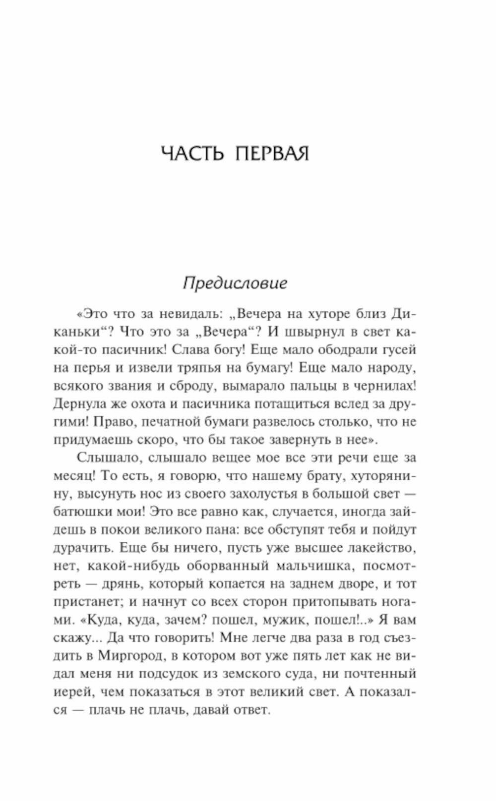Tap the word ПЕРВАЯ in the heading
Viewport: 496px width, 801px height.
point(272,154)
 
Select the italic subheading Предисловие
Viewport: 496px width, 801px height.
point(235,283)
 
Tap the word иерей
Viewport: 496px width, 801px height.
point(72,692)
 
